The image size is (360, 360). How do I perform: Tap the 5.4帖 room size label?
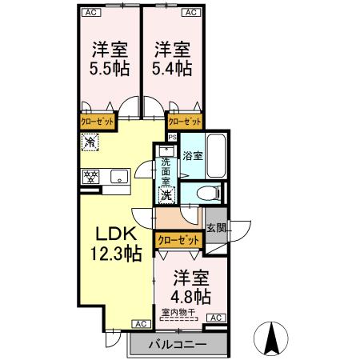point(172,68)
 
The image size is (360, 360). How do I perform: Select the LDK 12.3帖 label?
point(119,245)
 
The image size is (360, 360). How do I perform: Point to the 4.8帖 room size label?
point(192,296)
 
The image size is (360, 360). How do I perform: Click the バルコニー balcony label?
point(178,345)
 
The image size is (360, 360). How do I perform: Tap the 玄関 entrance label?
point(216,229)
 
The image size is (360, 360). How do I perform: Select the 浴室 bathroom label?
point(192,155)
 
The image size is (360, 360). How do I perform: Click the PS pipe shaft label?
point(172,138)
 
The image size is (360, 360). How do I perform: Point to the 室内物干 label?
point(178,312)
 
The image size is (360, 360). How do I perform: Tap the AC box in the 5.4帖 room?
point(190,13)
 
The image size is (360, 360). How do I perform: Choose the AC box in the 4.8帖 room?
point(214,318)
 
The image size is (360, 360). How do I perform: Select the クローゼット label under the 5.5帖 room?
point(98,121)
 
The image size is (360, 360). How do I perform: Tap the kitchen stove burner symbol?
point(89,176)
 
